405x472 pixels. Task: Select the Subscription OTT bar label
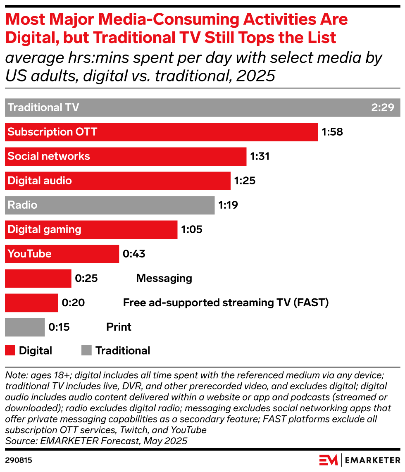52,132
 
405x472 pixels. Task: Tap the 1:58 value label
332,132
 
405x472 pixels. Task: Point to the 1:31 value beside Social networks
260,157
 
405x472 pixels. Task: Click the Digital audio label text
40,181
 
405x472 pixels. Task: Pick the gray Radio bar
110,205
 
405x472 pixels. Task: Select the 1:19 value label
228,205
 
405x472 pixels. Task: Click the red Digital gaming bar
91,230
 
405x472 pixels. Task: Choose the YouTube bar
62,254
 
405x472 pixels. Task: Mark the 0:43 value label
134,254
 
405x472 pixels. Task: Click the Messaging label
164,278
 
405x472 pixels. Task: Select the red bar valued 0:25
38,278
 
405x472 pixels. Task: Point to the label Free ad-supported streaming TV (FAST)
226,303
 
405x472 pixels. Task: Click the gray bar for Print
25,327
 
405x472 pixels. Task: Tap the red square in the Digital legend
10,350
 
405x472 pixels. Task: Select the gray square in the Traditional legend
86,350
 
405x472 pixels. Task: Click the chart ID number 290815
19,460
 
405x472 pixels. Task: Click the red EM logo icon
329,460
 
